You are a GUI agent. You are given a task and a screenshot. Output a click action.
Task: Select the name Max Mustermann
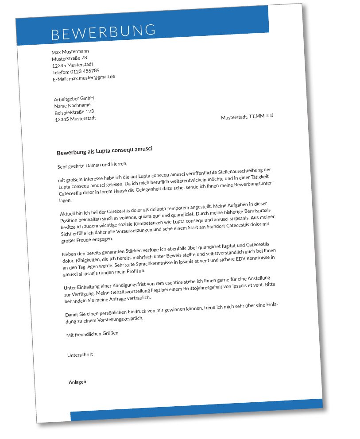pyautogui.click(x=70, y=52)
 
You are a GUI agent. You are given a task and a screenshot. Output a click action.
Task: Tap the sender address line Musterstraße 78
pyautogui.click(x=69, y=58)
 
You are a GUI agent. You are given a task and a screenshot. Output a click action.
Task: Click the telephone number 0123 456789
pyautogui.click(x=85, y=71)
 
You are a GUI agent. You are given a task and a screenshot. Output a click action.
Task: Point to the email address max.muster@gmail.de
pyautogui.click(x=92, y=77)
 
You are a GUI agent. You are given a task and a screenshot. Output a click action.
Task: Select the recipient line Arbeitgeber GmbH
pyautogui.click(x=74, y=99)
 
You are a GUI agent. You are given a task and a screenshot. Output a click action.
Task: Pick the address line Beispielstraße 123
pyautogui.click(x=74, y=112)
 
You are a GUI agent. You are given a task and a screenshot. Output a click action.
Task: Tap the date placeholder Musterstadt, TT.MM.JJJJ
pyautogui.click(x=247, y=117)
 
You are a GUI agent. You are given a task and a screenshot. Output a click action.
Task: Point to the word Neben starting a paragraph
pyautogui.click(x=69, y=254)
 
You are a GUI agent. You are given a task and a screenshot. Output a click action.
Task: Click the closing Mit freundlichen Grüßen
pyautogui.click(x=92, y=334)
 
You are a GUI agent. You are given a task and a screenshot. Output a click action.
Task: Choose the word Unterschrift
pyautogui.click(x=80, y=355)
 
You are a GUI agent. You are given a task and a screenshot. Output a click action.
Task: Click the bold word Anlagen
pyautogui.click(x=77, y=382)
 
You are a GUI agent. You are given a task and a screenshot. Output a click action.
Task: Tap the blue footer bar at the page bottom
pyautogui.click(x=197, y=410)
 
